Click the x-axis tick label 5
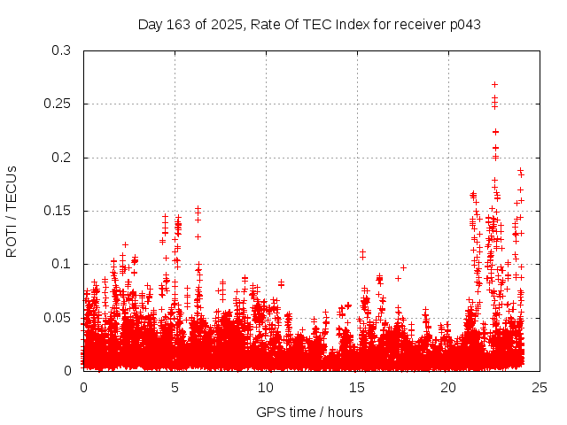tap(175, 387)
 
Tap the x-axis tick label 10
tap(266, 387)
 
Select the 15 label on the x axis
tap(357, 387)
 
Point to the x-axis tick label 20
tap(448, 387)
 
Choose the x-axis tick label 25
tap(540, 387)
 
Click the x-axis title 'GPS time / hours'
tap(309, 412)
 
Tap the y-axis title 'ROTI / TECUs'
tap(12, 211)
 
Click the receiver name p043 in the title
tap(464, 24)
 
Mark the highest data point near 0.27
tap(494, 84)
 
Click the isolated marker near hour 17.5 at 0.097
tap(403, 267)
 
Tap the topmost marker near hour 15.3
tap(362, 252)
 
